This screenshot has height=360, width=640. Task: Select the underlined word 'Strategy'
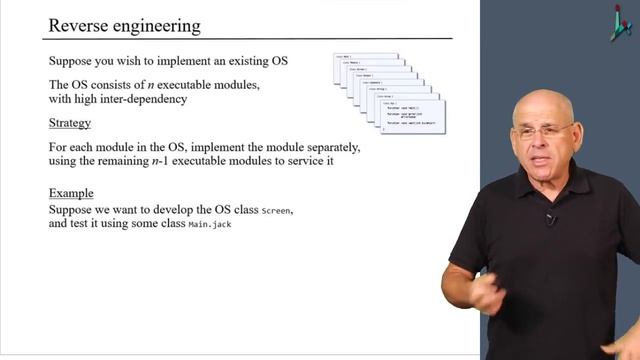[70, 123]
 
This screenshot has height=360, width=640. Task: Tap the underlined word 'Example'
[71, 193]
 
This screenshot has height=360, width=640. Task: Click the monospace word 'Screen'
[278, 211]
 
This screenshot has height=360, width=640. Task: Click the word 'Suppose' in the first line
[74, 60]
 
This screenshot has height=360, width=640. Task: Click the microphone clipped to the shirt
[550, 218]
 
